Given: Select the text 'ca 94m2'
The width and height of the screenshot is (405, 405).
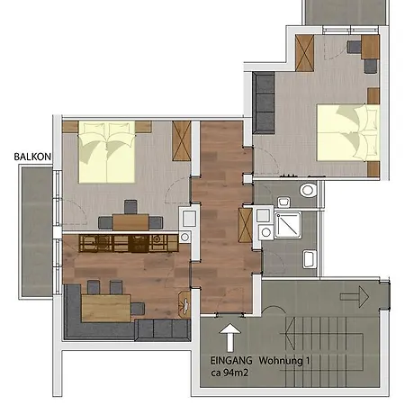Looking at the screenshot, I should [x=213, y=379].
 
